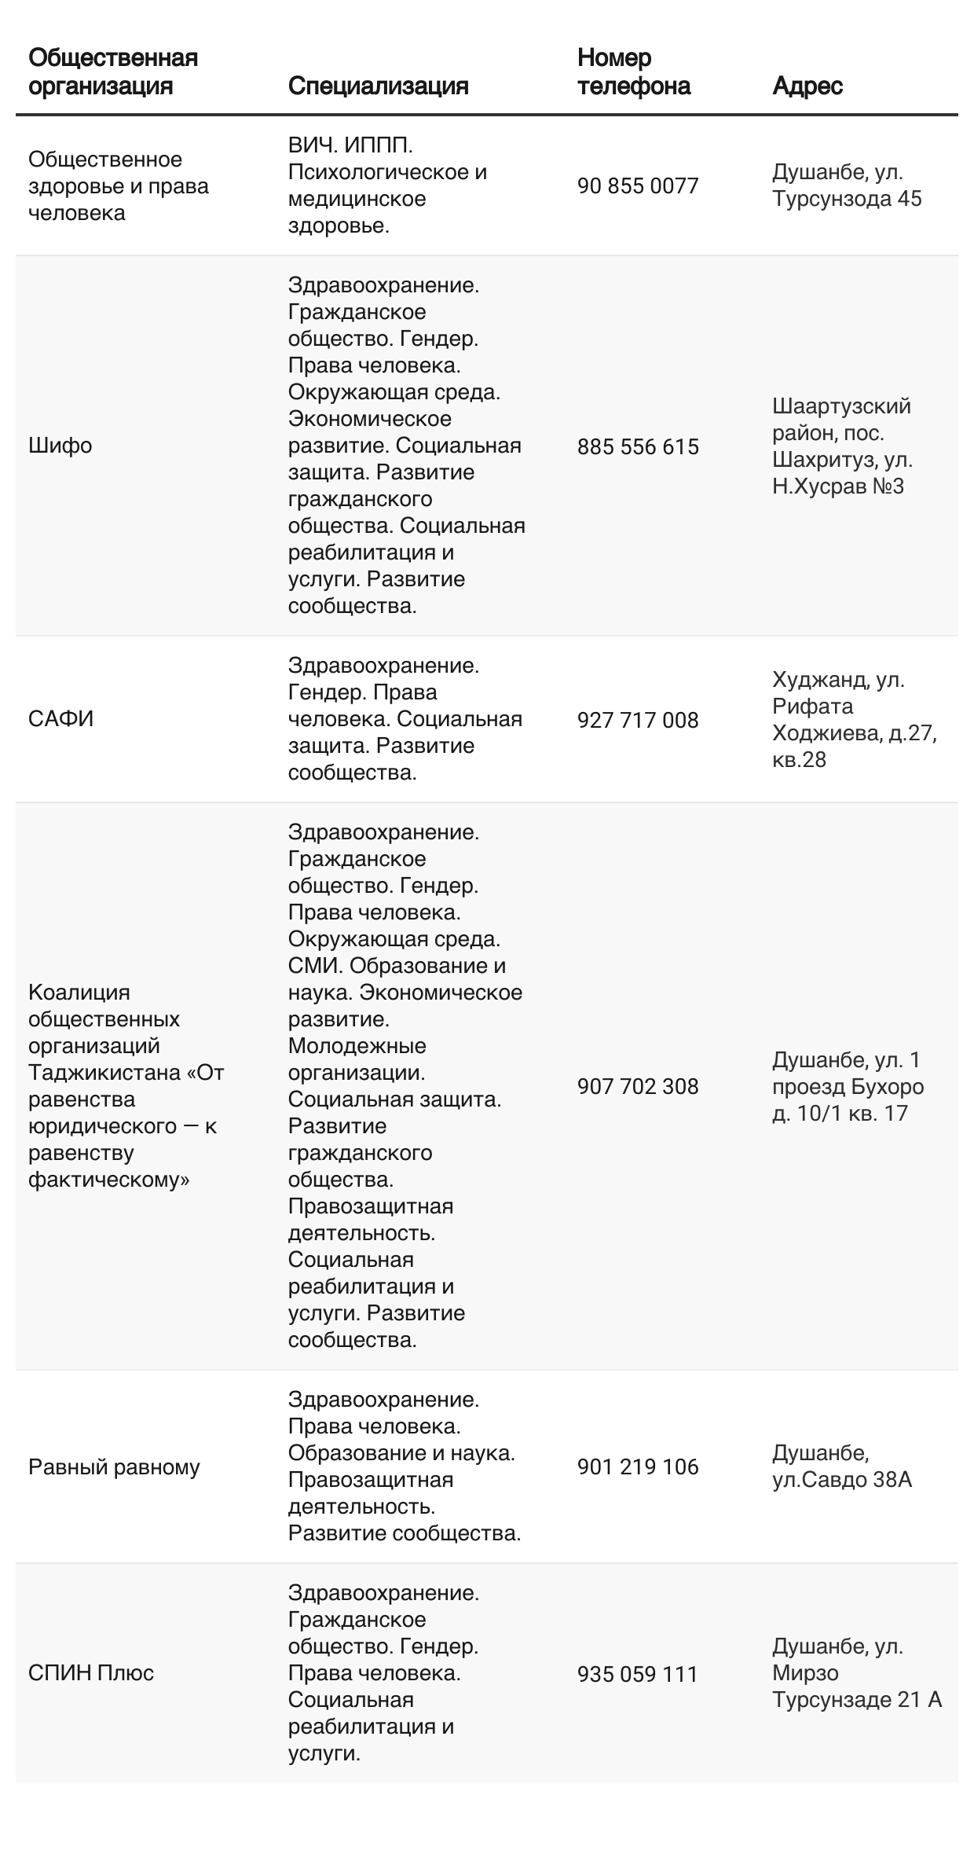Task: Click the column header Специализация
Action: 378,86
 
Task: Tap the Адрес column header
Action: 807,86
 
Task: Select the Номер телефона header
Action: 633,72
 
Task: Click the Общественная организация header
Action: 113,72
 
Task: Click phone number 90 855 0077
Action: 637,186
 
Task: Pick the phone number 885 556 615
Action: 637,446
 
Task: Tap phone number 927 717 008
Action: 637,720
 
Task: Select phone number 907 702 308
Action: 637,1086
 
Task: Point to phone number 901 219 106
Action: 637,1466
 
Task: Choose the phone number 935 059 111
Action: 637,1674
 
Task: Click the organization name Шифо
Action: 60,446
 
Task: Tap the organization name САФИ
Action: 60,719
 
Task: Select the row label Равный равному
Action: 114,1466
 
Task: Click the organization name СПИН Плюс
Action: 91,1673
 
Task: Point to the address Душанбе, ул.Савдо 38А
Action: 841,1466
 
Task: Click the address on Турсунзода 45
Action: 846,185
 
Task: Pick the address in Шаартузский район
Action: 841,446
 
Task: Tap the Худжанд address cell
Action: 854,719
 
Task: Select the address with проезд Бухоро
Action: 848,1086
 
